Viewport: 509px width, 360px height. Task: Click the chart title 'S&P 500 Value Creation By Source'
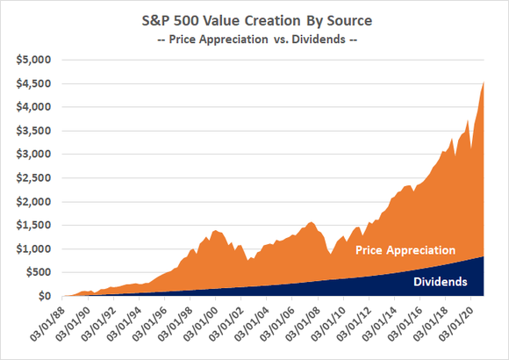254,18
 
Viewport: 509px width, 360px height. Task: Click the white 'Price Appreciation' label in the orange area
405,250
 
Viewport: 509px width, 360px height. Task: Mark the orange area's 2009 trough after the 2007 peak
330,255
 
